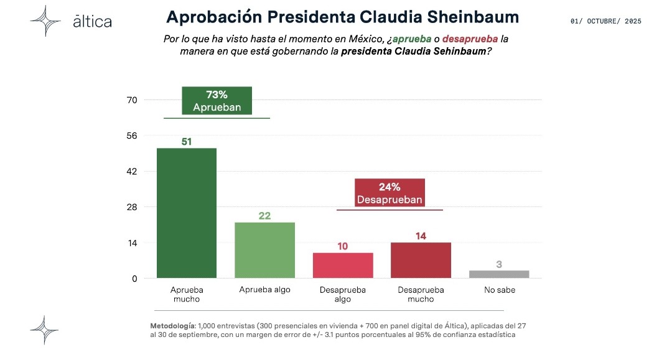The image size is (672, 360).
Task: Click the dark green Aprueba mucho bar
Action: click(x=187, y=213)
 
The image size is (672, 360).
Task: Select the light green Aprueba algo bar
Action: click(x=264, y=250)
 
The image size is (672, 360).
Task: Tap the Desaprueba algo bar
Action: click(x=343, y=265)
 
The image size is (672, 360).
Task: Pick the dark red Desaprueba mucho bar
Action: click(x=421, y=260)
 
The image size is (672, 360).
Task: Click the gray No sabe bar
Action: click(x=499, y=274)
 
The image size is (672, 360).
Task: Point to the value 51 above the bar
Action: click(x=187, y=142)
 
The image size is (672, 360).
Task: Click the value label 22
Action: click(x=265, y=216)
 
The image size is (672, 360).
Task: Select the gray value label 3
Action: click(x=499, y=264)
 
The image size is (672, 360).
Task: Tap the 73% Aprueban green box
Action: click(x=217, y=101)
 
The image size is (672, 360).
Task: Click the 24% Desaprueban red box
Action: click(x=390, y=193)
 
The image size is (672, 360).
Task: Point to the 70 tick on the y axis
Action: click(x=131, y=100)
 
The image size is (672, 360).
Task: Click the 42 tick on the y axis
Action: click(x=131, y=172)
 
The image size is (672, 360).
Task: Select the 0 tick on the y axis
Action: click(x=134, y=279)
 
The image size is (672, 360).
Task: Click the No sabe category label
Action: click(x=499, y=290)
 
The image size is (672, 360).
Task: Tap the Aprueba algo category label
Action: click(x=265, y=290)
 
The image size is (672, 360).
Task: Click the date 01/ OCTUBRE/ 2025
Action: click(x=605, y=21)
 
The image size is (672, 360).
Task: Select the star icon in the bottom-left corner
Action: click(x=45, y=330)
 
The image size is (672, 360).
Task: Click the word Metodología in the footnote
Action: click(x=172, y=326)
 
